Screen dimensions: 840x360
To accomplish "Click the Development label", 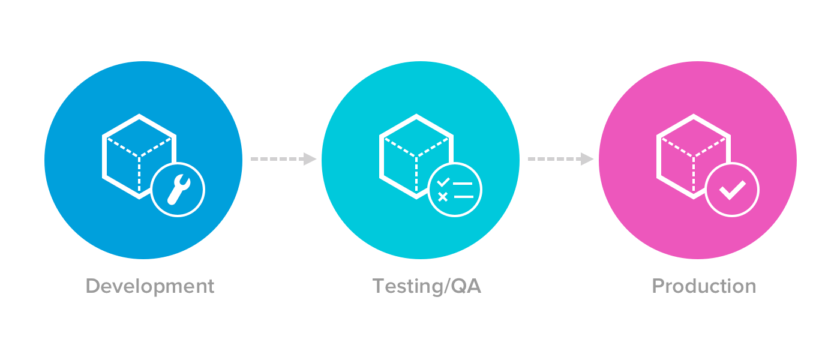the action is (150, 286).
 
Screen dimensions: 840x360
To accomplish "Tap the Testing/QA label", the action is (427, 286).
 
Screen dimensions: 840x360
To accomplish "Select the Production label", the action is (704, 286).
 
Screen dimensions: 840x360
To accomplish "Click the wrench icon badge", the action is (178, 190).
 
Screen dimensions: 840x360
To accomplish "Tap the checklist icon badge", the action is (455, 190).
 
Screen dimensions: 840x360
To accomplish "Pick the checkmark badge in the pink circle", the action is (732, 190).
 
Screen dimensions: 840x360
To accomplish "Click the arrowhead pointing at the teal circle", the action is (310, 159).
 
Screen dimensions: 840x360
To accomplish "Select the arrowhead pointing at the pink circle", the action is (587, 159).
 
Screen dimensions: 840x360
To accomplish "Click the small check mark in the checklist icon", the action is (443, 182).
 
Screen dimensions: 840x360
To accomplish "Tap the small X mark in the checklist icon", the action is (443, 196).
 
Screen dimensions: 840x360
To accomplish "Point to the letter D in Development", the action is (92, 286).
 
